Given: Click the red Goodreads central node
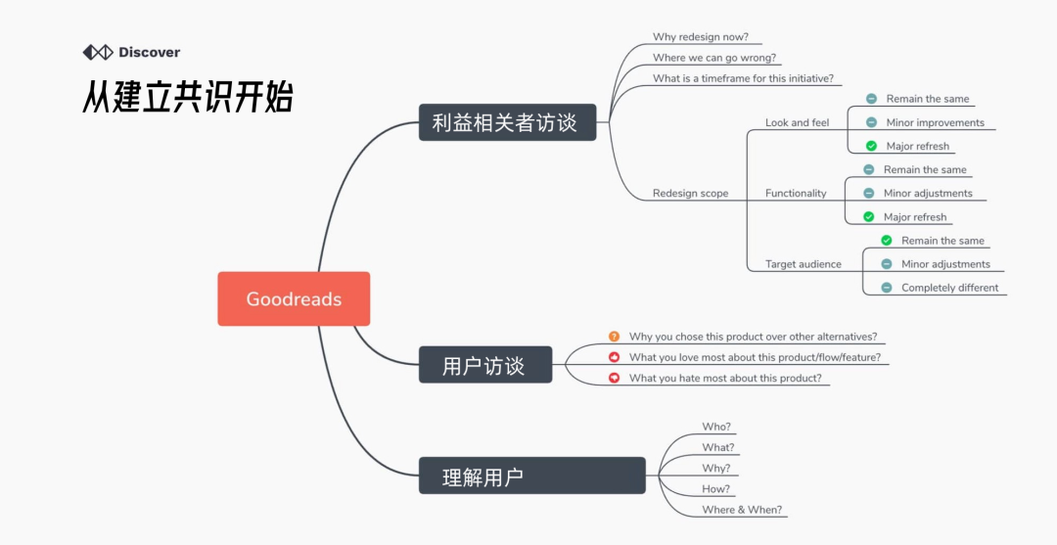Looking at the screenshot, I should point(294,298).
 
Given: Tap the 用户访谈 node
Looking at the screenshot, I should point(485,365).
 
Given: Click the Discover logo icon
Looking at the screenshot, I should point(97,52).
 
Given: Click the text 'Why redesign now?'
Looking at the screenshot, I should point(700,37).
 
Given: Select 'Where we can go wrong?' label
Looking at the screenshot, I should point(713,58).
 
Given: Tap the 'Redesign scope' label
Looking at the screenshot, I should point(690,194).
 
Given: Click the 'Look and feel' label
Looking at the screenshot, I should point(797,123).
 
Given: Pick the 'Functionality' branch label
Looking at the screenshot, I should point(796,194).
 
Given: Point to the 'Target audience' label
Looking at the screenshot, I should point(803,264).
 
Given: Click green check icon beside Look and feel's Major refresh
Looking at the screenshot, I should point(871,147).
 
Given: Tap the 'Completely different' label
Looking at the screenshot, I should point(949,288).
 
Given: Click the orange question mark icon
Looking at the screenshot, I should point(614,337).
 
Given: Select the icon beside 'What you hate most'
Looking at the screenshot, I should point(614,378).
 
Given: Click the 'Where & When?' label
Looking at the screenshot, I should point(742,510).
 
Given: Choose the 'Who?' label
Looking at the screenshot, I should point(716,427).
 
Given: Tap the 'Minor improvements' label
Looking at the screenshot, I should point(935,123).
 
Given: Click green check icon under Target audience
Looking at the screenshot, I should point(887,241).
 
